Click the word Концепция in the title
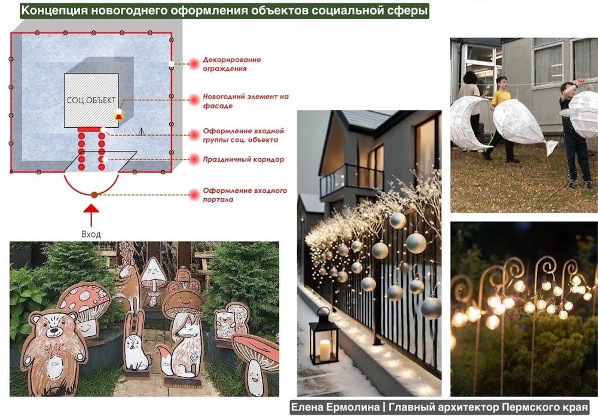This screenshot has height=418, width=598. [x=55, y=10]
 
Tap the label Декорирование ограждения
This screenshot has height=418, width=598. [x=232, y=64]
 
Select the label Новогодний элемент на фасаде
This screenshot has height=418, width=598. [x=246, y=101]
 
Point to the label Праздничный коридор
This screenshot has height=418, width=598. [x=243, y=159]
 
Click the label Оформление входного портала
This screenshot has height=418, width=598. [x=245, y=195]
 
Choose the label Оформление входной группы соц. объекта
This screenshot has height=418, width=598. [x=243, y=135]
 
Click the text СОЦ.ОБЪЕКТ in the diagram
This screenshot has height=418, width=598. [x=91, y=100]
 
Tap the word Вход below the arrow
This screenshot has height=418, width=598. [x=91, y=234]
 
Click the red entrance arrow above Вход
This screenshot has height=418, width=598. [x=91, y=216]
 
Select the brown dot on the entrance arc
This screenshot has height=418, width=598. [x=94, y=195]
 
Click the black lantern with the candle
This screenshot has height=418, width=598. [x=324, y=337]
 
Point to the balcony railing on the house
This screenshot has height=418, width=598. [x=352, y=179]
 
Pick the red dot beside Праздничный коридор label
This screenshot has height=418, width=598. [x=194, y=159]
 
